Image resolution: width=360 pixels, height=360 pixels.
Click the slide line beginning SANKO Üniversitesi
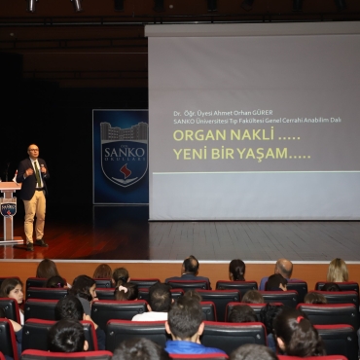pos(257,120)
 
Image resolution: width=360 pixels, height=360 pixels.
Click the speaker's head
pos(34,151)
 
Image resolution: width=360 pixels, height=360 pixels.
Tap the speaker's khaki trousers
pos(34,214)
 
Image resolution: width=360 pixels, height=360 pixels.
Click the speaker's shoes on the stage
pos(34,242)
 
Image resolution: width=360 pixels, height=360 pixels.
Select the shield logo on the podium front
pos(8,208)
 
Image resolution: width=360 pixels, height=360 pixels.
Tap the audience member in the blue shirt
pos(186,331)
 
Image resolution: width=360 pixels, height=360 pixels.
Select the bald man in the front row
pos(282,270)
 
